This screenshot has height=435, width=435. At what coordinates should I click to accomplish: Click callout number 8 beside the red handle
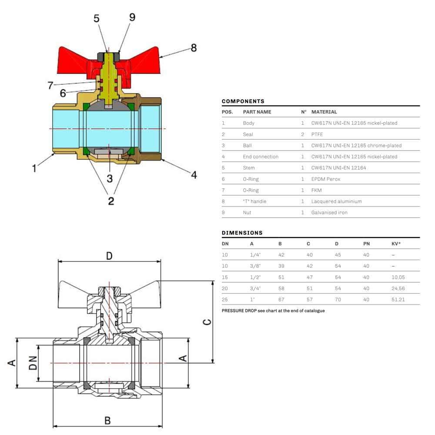(x=194, y=47)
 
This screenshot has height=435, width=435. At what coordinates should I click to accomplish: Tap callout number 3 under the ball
(x=110, y=178)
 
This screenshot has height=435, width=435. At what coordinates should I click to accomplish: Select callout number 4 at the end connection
(x=194, y=175)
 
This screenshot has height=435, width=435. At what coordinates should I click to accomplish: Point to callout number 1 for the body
(x=34, y=168)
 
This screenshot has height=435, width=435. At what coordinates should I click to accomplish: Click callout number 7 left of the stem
(x=50, y=85)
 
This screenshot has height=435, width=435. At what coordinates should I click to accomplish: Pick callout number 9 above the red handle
(x=132, y=17)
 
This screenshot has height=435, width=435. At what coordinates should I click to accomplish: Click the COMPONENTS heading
(x=243, y=101)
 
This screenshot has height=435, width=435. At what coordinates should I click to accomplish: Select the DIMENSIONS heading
(x=242, y=233)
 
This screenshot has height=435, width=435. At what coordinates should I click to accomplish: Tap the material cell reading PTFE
(x=317, y=134)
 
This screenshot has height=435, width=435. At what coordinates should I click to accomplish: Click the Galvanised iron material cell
(x=329, y=212)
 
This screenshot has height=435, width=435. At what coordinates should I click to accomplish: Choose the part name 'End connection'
(x=261, y=157)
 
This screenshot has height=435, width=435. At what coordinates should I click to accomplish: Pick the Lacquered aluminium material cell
(x=336, y=201)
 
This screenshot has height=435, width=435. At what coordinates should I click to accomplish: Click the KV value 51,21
(x=398, y=299)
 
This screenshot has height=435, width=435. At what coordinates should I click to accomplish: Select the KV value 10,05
(x=398, y=277)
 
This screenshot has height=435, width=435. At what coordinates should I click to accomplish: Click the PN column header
(x=366, y=244)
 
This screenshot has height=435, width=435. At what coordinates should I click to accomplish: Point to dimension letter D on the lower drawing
(x=109, y=256)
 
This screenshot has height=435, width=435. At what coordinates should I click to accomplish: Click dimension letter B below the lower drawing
(x=107, y=421)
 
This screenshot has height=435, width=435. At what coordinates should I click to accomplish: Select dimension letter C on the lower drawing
(x=207, y=321)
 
